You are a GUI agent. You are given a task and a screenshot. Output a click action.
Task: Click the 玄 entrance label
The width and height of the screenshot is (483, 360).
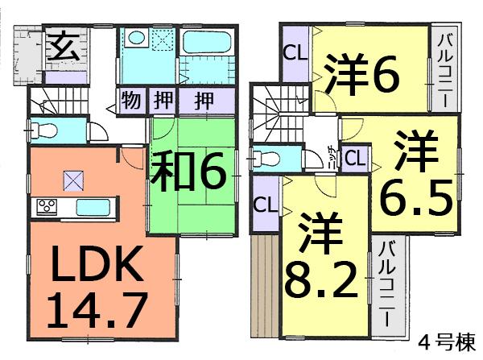tap(61, 47)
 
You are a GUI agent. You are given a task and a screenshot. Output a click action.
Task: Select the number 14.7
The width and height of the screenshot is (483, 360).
tap(97, 311)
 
